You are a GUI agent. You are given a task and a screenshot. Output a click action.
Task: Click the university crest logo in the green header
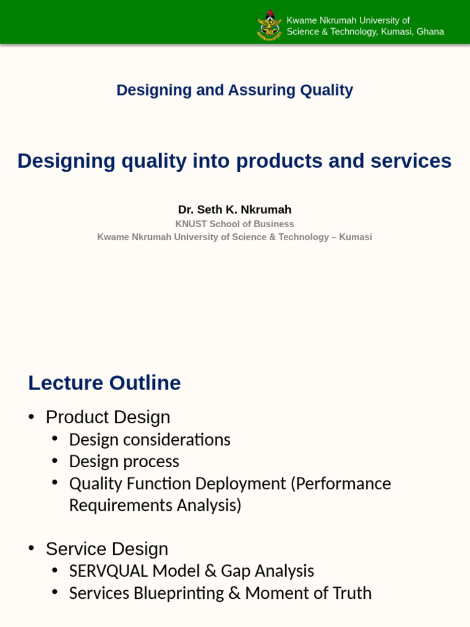269,25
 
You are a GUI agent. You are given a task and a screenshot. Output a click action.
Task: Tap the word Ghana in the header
430,32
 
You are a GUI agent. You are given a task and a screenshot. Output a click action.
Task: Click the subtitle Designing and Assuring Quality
234,90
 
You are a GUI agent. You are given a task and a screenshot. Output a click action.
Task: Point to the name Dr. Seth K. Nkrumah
234,209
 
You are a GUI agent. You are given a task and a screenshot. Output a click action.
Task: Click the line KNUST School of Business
234,224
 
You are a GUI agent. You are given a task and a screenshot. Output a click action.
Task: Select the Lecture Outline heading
105,383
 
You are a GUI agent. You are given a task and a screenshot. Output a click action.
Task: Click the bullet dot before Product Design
31,417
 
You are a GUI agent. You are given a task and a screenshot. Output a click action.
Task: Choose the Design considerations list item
149,440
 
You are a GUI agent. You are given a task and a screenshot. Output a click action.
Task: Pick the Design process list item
124,461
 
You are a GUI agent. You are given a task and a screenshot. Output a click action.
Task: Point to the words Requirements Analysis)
155,505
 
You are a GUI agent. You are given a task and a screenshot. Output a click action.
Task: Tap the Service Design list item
106,549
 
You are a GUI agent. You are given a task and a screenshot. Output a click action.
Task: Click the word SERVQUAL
108,571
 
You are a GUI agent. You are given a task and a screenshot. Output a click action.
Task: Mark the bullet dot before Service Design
31,549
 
